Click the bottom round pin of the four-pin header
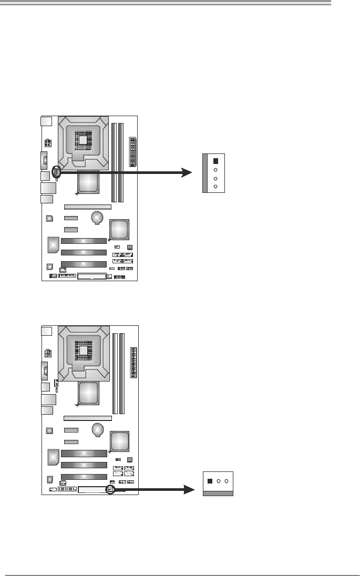click(215, 187)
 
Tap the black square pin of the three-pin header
click(210, 481)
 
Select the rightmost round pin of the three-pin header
click(227, 481)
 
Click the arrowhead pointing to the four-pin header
click(188, 172)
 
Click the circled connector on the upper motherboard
click(56, 172)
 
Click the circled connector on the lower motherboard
click(110, 489)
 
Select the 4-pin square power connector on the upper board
click(48, 143)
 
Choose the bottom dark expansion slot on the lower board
click(84, 477)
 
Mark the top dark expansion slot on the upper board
click(84, 241)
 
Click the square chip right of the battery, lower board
click(119, 440)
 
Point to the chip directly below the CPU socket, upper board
click(87, 183)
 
